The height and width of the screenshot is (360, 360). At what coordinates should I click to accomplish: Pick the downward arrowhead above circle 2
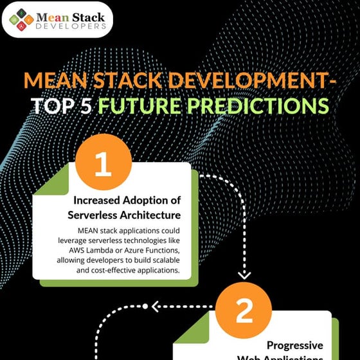coord(244,274)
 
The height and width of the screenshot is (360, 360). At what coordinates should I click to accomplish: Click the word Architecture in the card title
coord(155,214)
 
